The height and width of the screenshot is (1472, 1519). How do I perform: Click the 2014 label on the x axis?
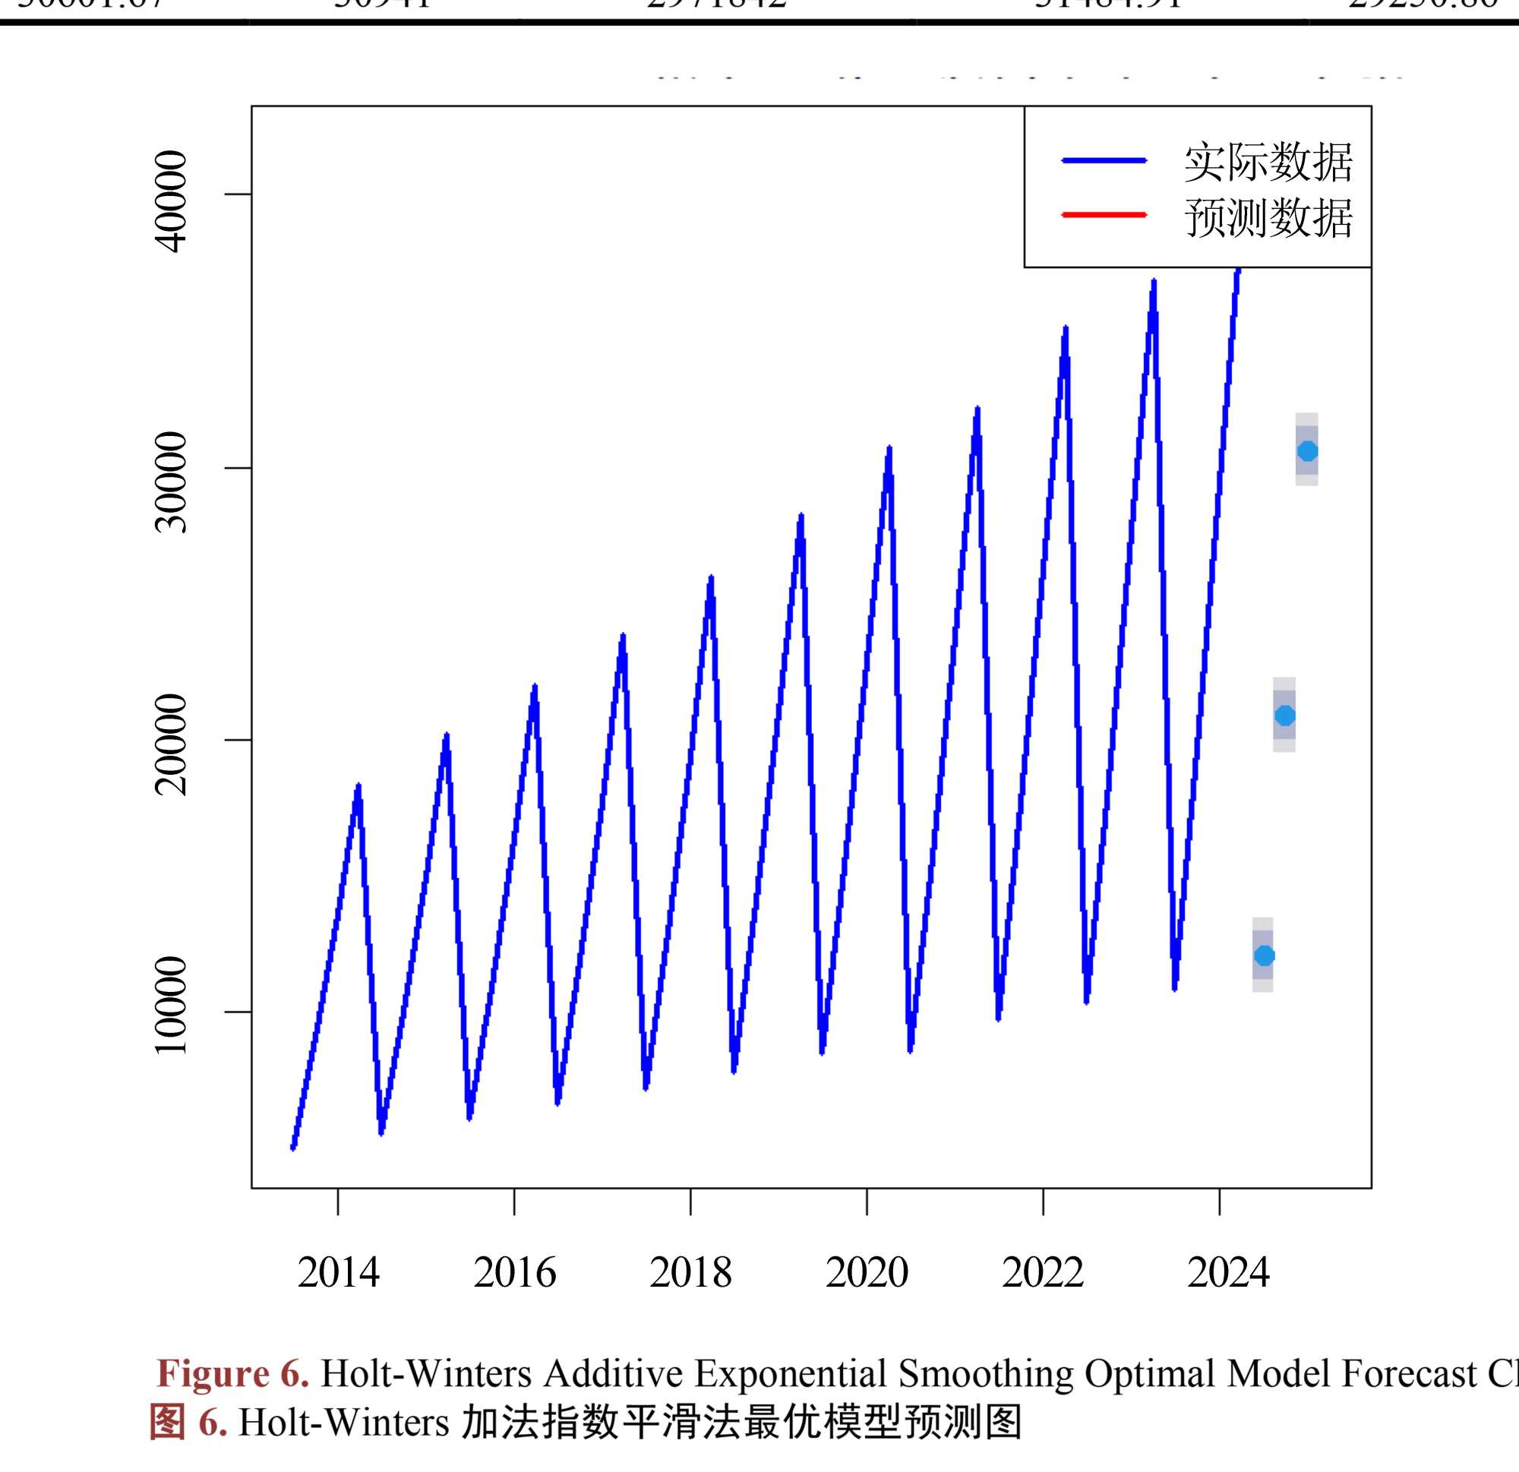point(339,1273)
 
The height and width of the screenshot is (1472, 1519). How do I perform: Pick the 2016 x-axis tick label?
point(515,1273)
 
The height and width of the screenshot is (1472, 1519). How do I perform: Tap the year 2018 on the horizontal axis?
point(690,1273)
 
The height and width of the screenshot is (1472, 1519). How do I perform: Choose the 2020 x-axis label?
point(867,1273)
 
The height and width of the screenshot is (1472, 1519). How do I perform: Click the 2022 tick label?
point(1042,1273)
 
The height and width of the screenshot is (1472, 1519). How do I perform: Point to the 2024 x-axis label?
point(1228,1273)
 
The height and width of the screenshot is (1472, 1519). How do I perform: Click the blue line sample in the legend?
point(1104,160)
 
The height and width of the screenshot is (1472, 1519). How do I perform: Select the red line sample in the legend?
point(1104,215)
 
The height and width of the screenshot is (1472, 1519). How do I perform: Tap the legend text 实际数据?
point(1268,162)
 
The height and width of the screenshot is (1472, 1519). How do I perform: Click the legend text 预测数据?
point(1268,218)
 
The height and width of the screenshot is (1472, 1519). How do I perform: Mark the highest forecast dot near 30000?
point(1307,450)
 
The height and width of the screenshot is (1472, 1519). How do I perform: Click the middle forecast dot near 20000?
point(1285,715)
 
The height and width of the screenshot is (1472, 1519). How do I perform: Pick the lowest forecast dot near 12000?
point(1264,956)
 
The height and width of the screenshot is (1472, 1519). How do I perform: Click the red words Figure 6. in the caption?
point(233,1373)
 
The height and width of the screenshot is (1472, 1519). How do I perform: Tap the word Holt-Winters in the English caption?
point(426,1373)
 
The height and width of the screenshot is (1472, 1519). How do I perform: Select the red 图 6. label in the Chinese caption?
point(188,1423)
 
